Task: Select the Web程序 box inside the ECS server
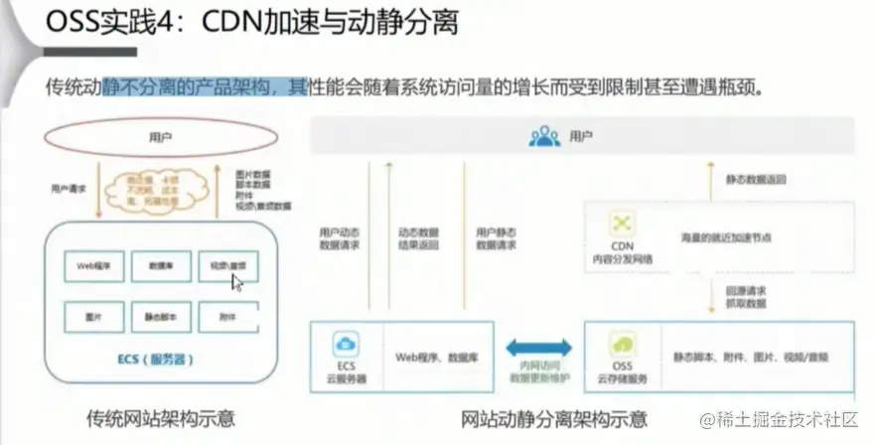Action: pos(93,265)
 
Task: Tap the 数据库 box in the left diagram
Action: pos(162,265)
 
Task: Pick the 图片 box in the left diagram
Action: pos(93,317)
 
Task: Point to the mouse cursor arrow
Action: pos(237,283)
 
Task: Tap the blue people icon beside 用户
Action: pos(544,136)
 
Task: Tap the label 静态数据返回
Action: pos(759,180)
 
